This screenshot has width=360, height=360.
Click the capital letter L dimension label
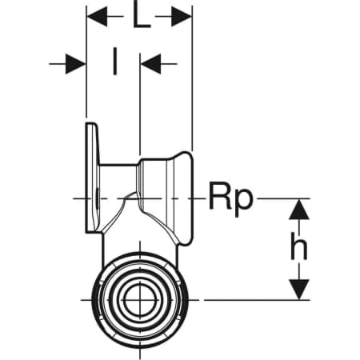[142, 17]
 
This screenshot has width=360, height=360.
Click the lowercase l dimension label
[114, 61]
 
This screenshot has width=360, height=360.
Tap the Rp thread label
[230, 198]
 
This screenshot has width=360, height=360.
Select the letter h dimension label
[298, 246]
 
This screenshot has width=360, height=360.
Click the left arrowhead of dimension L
[98, 17]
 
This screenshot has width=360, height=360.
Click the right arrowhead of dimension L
[182, 17]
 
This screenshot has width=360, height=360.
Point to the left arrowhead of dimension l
[75, 64]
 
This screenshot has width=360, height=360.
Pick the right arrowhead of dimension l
[151, 64]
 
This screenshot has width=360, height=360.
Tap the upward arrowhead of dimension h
[299, 210]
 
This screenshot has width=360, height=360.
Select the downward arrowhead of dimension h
[299, 290]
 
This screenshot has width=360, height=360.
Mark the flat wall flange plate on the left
[92, 178]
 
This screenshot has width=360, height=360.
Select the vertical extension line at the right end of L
[192, 78]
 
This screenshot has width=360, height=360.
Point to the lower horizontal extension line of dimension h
[257, 300]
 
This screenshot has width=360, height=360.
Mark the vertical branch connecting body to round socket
[140, 242]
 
